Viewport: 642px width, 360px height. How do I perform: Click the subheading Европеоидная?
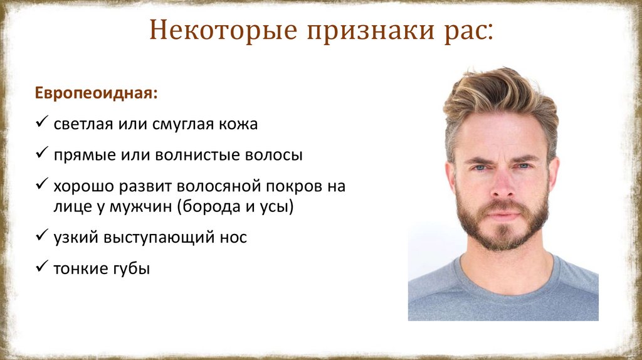pyautogui.click(x=96, y=95)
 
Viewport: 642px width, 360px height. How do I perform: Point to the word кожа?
pyautogui.click(x=236, y=124)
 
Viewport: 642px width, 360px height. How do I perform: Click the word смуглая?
pyautogui.click(x=177, y=124)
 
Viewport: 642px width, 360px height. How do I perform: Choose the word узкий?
pyautogui.click(x=76, y=238)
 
